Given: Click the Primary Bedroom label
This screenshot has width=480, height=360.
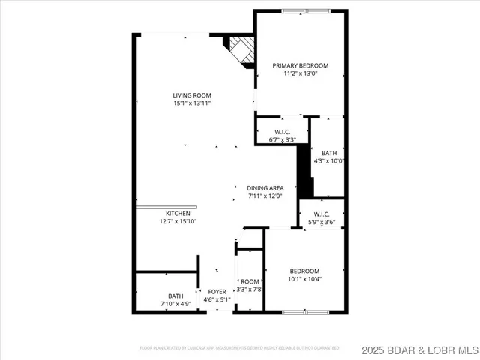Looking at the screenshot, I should (301, 66).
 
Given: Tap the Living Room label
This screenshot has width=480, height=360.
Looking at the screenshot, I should (192, 95).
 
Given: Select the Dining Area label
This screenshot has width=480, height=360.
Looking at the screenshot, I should (265, 188).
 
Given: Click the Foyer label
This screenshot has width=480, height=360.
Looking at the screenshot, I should (217, 292).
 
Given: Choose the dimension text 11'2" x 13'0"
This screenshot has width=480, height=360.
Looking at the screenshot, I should (301, 73).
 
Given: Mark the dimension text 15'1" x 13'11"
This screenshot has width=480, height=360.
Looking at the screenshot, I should (192, 103).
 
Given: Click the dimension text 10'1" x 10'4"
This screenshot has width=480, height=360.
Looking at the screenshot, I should (304, 278).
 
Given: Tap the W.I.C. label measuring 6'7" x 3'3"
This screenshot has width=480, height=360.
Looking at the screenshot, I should (282, 132).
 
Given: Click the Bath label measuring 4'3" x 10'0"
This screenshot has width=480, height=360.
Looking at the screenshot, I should (329, 153).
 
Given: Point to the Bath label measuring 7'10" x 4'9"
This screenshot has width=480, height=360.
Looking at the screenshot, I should (175, 295).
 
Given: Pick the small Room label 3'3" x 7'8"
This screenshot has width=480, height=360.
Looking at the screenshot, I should (250, 281).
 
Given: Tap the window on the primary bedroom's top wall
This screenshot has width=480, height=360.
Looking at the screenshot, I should (305, 10).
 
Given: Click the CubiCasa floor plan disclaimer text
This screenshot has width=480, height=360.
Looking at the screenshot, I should (239, 348).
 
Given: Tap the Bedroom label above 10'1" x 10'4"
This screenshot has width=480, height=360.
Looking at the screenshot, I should (304, 271).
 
